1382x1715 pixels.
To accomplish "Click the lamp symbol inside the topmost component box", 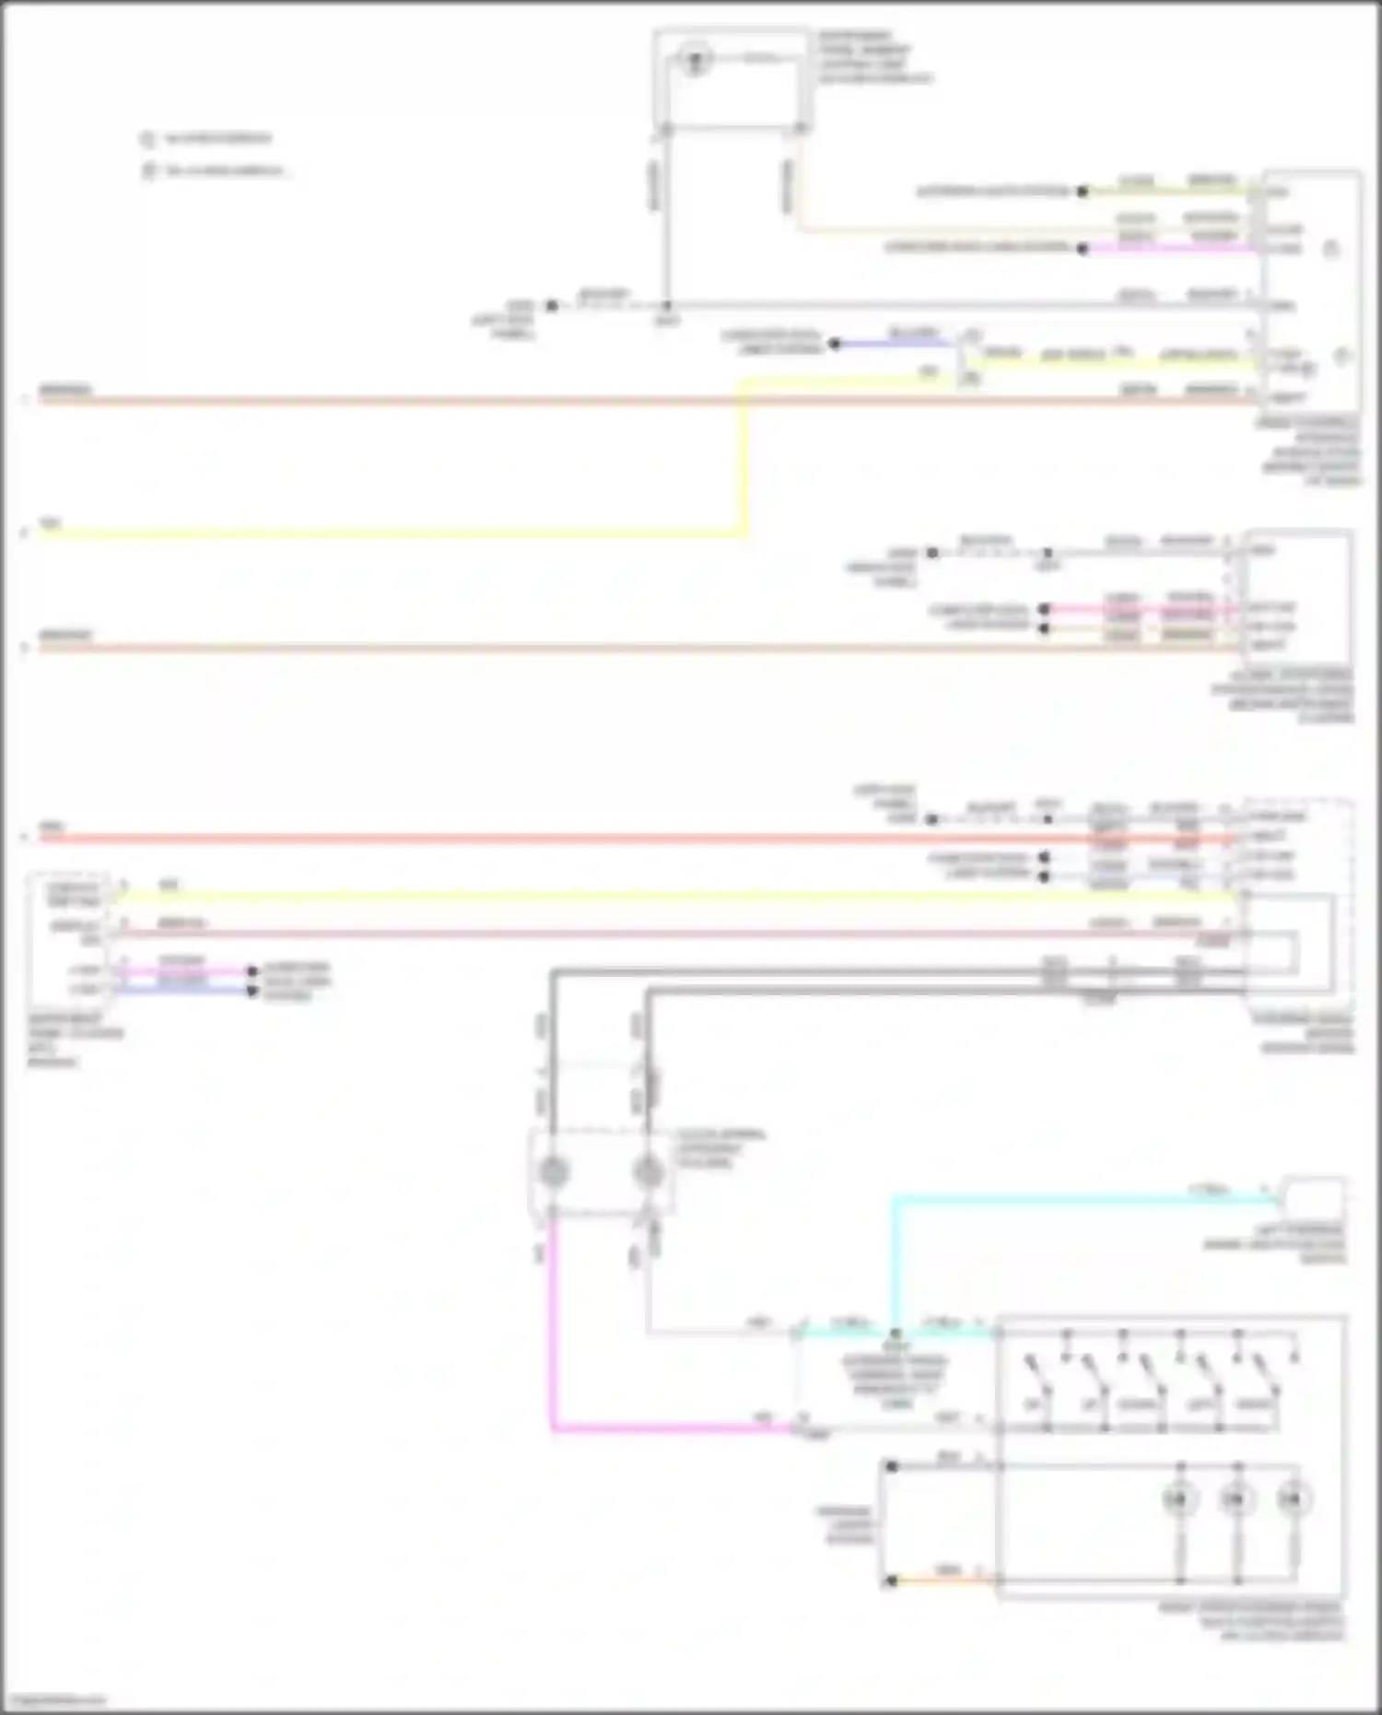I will pyautogui.click(x=695, y=61).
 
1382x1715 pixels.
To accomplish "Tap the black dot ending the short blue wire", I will pyautogui.click(x=835, y=344).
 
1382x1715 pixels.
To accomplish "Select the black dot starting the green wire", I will pyautogui.click(x=1083, y=192).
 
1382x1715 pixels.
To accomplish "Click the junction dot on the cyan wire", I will pyautogui.click(x=895, y=1333).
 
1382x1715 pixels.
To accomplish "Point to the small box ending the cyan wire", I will pyautogui.click(x=1314, y=1197).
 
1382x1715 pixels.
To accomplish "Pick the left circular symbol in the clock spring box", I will pyautogui.click(x=553, y=1172).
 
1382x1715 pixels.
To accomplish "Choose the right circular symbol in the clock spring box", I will pyautogui.click(x=649, y=1172).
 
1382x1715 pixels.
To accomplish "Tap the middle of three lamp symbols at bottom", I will pyautogui.click(x=1236, y=1500).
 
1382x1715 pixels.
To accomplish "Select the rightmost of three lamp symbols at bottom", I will pyautogui.click(x=1294, y=1500).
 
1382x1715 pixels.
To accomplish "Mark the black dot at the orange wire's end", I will pyautogui.click(x=891, y=1581).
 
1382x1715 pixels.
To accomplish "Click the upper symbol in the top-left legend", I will pyautogui.click(x=147, y=139).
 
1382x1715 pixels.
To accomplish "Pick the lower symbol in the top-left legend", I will pyautogui.click(x=149, y=171).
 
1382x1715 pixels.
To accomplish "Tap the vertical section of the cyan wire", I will pyautogui.click(x=894, y=1263).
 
